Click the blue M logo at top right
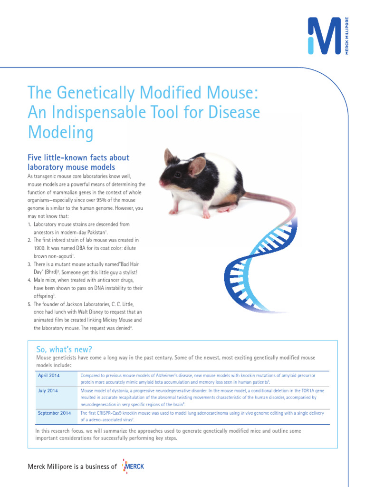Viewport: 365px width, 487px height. coord(325,36)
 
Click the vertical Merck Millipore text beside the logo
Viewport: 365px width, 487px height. coord(347,36)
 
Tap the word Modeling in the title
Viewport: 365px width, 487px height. coord(61,133)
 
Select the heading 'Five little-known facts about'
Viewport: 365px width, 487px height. coord(78,157)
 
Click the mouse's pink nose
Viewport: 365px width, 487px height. coord(162,183)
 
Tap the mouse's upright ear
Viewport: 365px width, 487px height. coord(170,156)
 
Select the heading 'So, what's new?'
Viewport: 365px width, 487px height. coord(64,349)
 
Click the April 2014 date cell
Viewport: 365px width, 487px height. coord(48,376)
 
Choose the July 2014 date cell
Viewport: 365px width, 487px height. coord(48,390)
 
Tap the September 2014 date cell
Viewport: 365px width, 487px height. coord(54,413)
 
